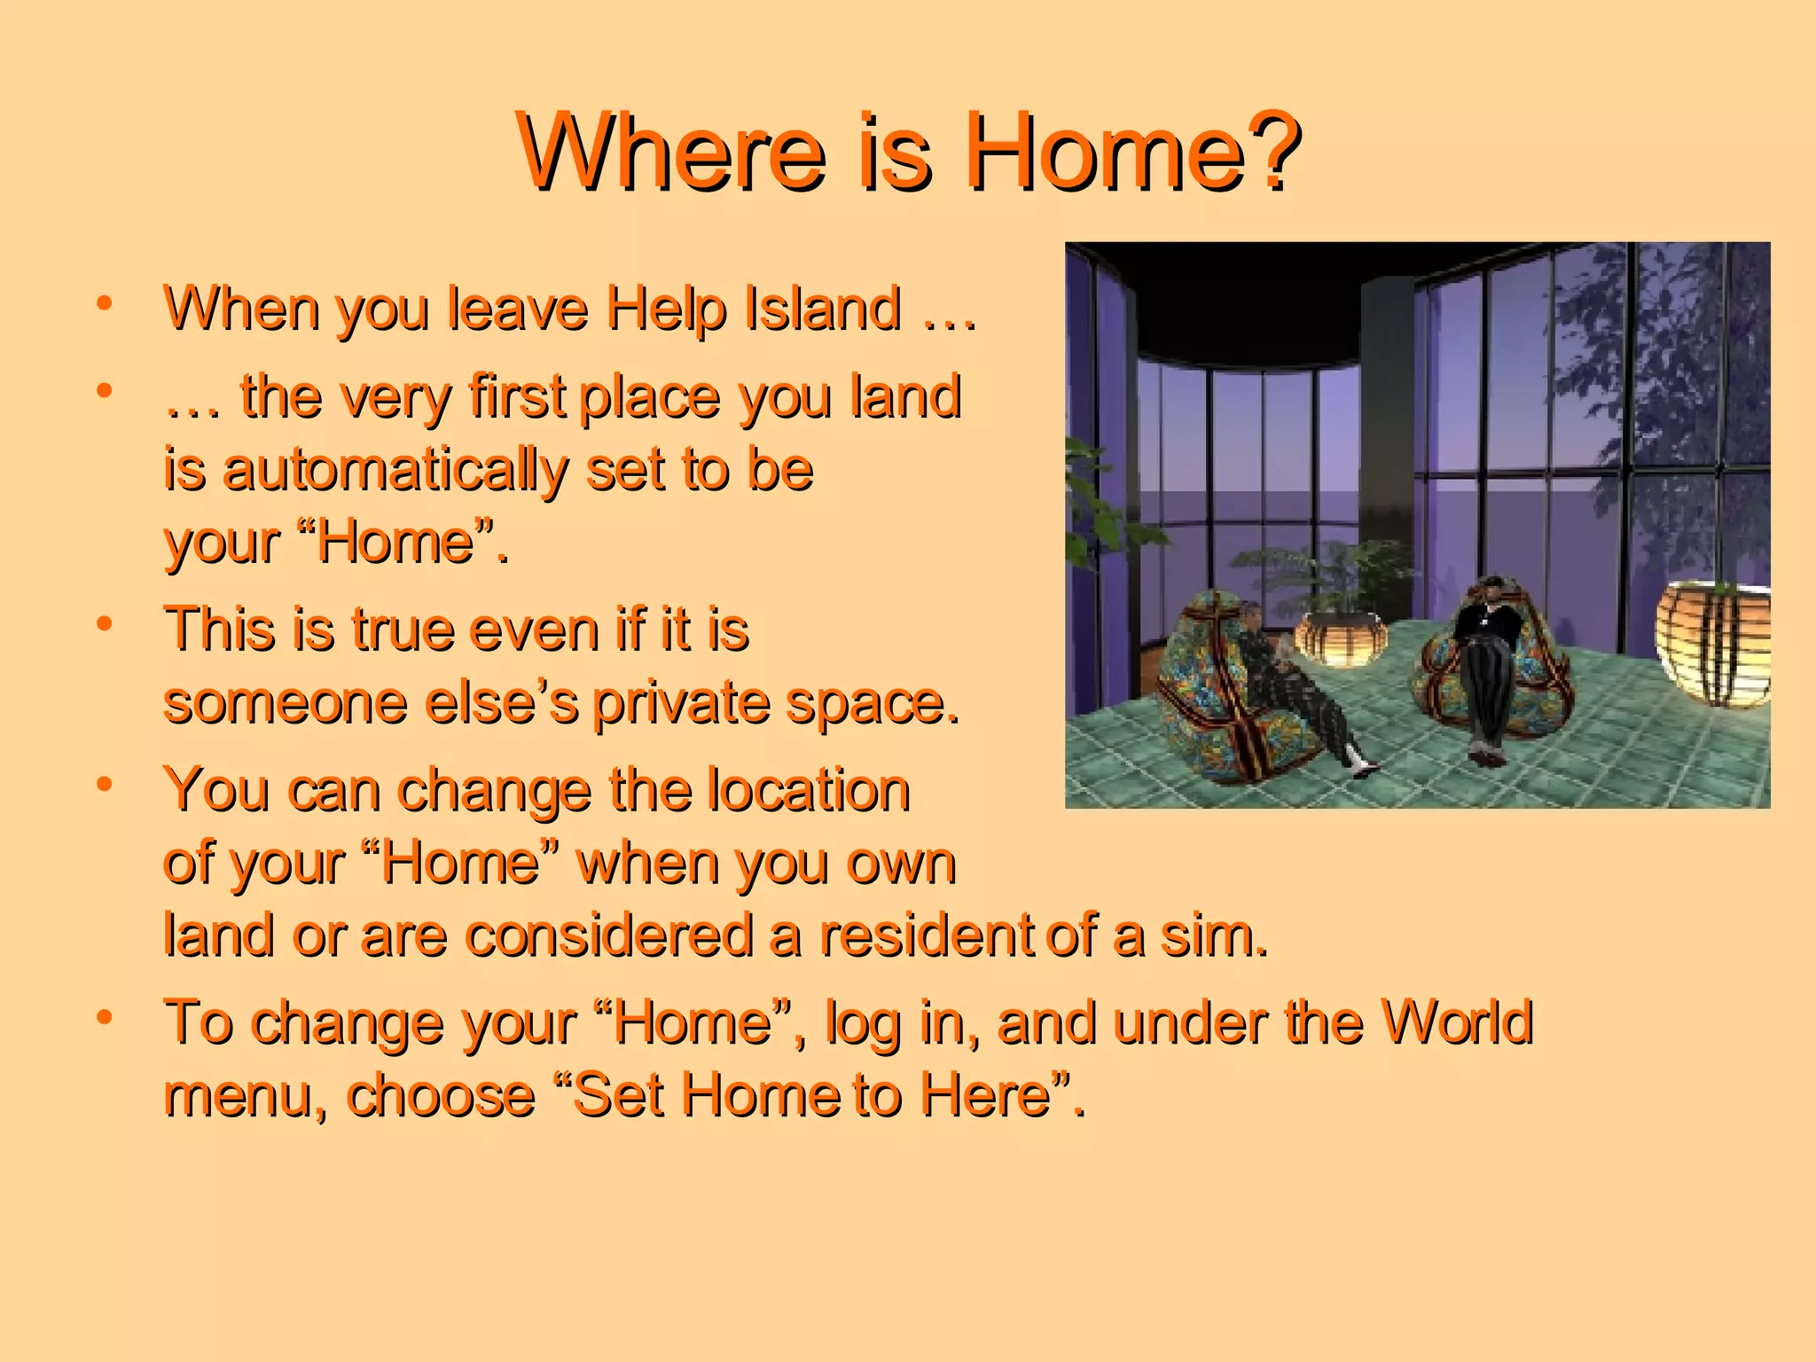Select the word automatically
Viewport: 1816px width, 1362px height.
395,471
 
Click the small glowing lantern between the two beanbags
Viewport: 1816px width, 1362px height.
1339,637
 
